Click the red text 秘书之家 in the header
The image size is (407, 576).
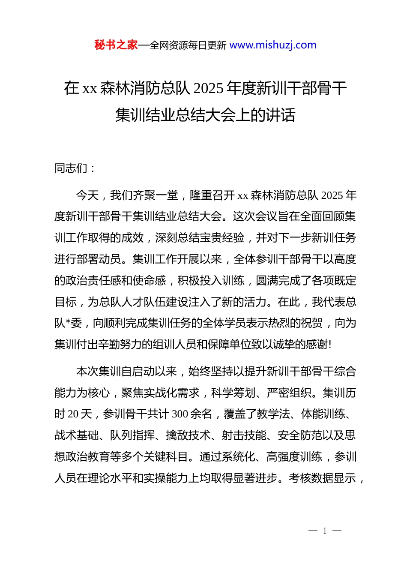116,45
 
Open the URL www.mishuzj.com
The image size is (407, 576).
273,45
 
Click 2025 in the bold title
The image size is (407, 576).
208,88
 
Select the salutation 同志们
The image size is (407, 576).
71,168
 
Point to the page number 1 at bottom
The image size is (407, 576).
325,531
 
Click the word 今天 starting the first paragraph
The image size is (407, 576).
87,195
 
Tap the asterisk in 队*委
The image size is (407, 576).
68,323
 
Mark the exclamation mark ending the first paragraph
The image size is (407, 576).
329,345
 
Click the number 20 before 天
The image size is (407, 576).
73,414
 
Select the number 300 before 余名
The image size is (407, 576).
180,414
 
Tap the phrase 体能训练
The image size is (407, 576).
323,414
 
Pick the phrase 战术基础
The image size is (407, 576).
76,435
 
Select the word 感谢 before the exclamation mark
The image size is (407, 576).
317,345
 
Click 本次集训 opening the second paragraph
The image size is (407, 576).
98,372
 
